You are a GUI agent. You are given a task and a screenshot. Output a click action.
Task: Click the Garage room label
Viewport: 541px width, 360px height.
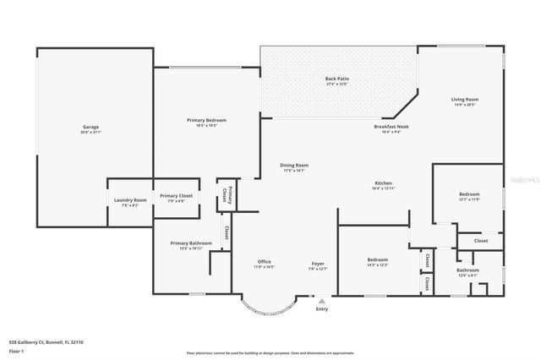(x=90, y=129)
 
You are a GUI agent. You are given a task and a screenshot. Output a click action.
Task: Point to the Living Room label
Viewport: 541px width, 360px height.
(x=465, y=101)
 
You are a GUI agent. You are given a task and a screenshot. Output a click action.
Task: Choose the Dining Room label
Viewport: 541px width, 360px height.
(x=294, y=167)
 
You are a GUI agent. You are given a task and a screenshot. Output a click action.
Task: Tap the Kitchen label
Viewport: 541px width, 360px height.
(x=383, y=185)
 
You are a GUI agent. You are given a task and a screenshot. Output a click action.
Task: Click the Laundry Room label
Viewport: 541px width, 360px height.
(x=130, y=202)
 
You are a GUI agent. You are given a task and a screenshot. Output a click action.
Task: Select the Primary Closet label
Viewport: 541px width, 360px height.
(x=177, y=198)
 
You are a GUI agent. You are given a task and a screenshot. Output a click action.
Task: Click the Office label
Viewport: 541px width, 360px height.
(x=265, y=265)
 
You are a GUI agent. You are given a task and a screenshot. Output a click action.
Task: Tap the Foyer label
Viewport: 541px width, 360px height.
(x=318, y=265)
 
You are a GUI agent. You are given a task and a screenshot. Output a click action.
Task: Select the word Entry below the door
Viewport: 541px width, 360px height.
(x=321, y=309)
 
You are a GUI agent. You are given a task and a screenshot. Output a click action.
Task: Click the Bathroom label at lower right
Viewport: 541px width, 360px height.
(x=468, y=272)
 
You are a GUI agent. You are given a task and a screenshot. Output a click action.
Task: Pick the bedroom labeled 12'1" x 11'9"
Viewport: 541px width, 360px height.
(x=468, y=196)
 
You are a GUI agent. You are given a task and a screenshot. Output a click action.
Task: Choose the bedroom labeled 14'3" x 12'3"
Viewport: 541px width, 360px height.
(x=377, y=261)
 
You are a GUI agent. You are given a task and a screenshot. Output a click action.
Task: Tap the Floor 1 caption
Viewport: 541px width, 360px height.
(x=17, y=351)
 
